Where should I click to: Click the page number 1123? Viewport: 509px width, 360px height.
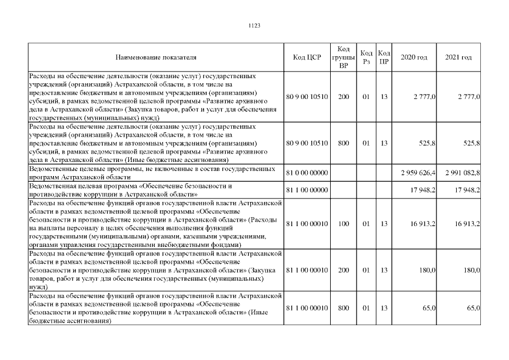[254, 25]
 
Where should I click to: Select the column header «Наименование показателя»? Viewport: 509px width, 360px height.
[156, 57]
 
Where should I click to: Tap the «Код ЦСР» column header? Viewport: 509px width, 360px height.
[307, 57]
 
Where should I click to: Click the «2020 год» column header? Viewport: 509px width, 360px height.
[414, 57]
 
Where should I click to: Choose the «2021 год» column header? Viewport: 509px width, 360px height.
[458, 57]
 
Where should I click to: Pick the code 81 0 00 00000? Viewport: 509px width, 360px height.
[307, 172]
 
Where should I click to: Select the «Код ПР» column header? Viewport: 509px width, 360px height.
[385, 57]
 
